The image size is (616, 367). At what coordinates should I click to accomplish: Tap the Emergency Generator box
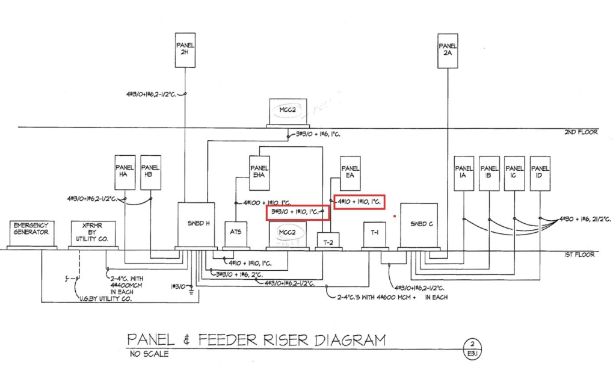click(32, 233)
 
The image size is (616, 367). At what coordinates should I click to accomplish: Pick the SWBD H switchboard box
click(196, 224)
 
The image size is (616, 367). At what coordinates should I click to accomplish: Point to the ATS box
click(236, 234)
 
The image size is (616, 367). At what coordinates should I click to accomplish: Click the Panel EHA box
click(259, 171)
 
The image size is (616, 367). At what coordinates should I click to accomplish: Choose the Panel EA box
click(350, 171)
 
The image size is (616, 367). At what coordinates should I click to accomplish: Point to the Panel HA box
click(125, 171)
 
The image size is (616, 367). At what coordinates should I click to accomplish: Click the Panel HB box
click(150, 171)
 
